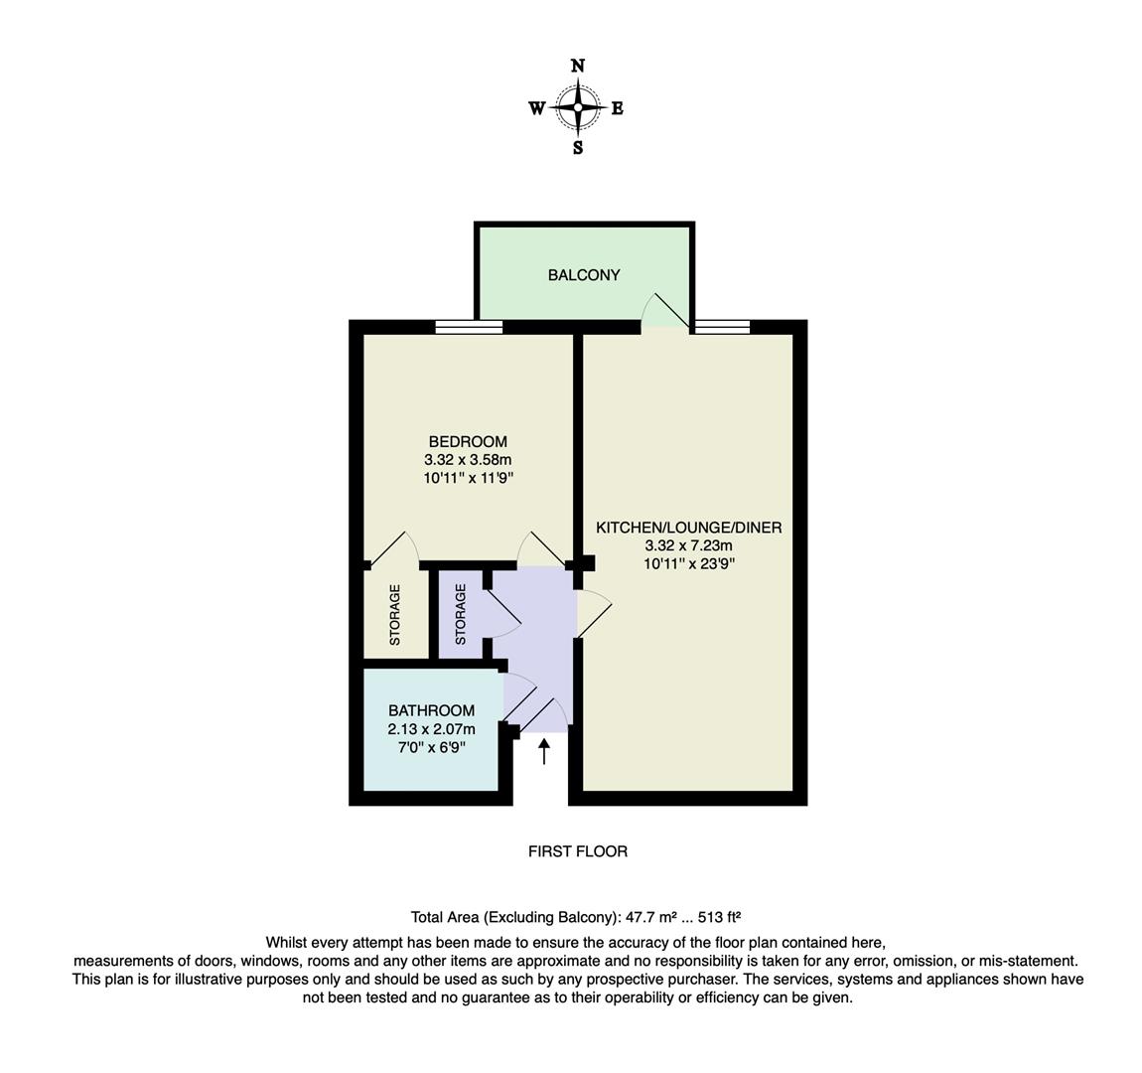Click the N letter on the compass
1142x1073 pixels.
[578, 67]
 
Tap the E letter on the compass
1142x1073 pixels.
[617, 109]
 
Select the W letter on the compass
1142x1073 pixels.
[536, 109]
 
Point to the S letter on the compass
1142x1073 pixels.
[578, 149]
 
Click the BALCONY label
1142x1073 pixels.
[584, 275]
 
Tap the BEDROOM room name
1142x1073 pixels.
[468, 442]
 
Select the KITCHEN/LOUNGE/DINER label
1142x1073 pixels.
[688, 528]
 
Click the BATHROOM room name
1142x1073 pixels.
[431, 711]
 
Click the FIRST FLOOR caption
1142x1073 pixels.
[577, 851]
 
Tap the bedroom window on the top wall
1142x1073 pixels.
[469, 327]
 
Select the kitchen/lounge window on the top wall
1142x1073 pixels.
[722, 327]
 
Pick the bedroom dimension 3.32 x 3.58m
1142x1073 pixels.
[468, 460]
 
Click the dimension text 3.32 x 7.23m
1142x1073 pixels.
[688, 545]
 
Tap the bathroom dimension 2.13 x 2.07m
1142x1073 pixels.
[431, 729]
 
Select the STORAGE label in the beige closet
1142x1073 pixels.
[394, 615]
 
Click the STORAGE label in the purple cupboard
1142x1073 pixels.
[460, 615]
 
